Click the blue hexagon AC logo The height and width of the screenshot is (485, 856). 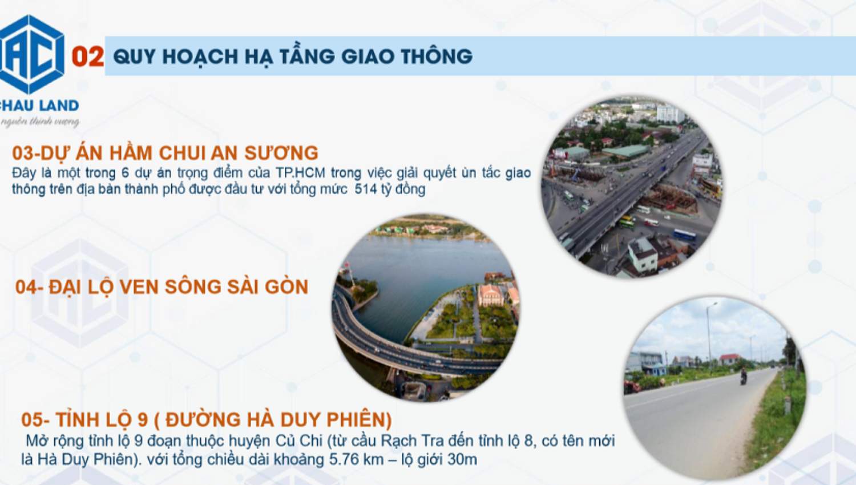(x=33, y=54)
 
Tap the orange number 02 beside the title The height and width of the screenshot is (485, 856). (x=87, y=56)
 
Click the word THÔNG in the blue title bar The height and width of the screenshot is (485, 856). (x=437, y=56)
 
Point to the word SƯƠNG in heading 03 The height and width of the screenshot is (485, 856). (x=281, y=153)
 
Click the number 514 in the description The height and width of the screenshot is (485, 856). (x=365, y=189)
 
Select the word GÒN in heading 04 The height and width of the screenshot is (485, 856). (x=286, y=286)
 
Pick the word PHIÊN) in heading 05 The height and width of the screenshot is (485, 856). (x=359, y=420)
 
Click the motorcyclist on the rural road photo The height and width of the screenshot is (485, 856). (x=744, y=376)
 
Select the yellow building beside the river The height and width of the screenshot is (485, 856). (x=490, y=295)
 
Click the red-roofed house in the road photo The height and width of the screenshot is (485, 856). (x=730, y=359)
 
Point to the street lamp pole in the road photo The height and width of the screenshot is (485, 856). (x=709, y=337)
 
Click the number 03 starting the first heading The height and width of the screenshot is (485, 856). (x=23, y=153)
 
